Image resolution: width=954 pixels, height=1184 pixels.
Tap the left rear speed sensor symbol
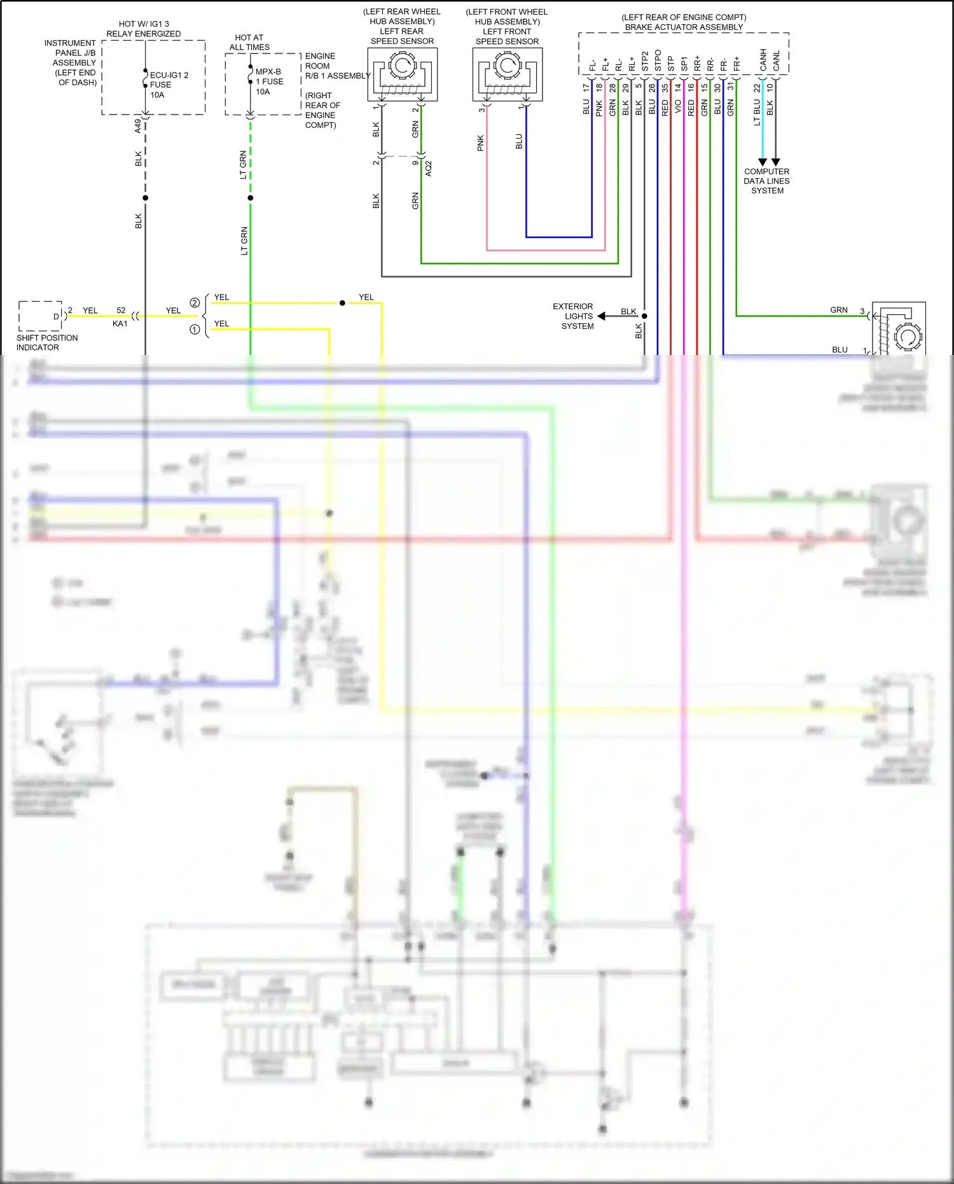(x=402, y=74)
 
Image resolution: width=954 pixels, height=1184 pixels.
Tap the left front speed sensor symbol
(x=507, y=74)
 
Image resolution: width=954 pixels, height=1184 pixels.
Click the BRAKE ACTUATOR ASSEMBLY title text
(x=684, y=27)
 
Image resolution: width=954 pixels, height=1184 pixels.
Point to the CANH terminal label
(x=763, y=60)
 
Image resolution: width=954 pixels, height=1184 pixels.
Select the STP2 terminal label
(x=644, y=61)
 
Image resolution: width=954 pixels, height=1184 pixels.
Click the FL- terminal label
(x=592, y=65)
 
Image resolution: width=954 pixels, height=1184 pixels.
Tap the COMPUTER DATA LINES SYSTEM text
(x=767, y=181)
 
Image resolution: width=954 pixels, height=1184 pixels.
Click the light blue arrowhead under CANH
(x=763, y=162)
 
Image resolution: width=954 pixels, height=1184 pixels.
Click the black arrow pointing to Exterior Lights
(x=602, y=316)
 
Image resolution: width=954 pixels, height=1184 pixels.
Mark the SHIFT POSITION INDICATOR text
(x=46, y=342)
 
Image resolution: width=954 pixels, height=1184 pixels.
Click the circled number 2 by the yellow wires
(x=195, y=303)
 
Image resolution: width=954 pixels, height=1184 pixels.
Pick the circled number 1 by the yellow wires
(x=195, y=330)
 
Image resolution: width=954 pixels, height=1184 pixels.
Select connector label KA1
(x=120, y=324)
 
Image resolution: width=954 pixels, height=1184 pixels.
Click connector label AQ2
(x=429, y=169)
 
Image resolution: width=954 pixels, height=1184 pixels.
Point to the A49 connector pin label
(x=137, y=125)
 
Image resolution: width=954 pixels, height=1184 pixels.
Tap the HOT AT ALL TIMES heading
(x=249, y=43)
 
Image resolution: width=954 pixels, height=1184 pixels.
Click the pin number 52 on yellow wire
(x=121, y=310)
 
